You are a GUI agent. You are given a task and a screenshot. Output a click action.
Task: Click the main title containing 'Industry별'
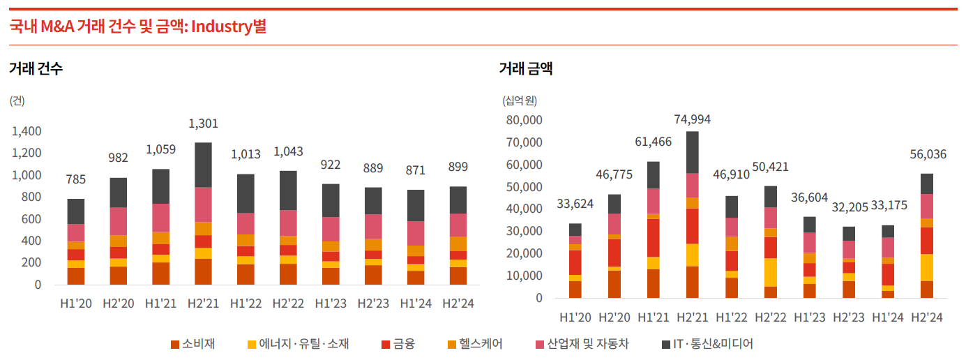pos(137,27)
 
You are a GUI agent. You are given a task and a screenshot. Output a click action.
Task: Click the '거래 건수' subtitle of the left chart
pos(36,68)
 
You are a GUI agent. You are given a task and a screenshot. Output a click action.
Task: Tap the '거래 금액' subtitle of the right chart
pos(526,68)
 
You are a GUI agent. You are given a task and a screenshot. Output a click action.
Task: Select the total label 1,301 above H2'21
pos(204,123)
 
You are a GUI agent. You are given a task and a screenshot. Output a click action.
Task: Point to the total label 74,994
pos(693,119)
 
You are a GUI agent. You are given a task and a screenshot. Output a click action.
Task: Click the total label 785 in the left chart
pos(76,179)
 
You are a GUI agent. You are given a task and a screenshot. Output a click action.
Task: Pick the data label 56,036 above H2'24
pos(927,154)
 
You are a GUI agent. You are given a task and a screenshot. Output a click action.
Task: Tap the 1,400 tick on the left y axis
pos(27,131)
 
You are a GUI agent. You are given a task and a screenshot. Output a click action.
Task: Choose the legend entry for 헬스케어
pos(474,344)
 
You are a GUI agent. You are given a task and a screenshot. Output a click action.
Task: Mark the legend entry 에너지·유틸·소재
pos(298,344)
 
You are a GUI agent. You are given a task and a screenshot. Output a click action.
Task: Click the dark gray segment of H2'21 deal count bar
pos(204,165)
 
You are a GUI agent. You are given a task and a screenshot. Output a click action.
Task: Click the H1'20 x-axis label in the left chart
pos(76,303)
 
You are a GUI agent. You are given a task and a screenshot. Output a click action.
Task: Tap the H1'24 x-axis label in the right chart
pos(888,317)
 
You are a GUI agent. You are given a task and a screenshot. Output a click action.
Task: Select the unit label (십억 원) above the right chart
pos(520,100)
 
